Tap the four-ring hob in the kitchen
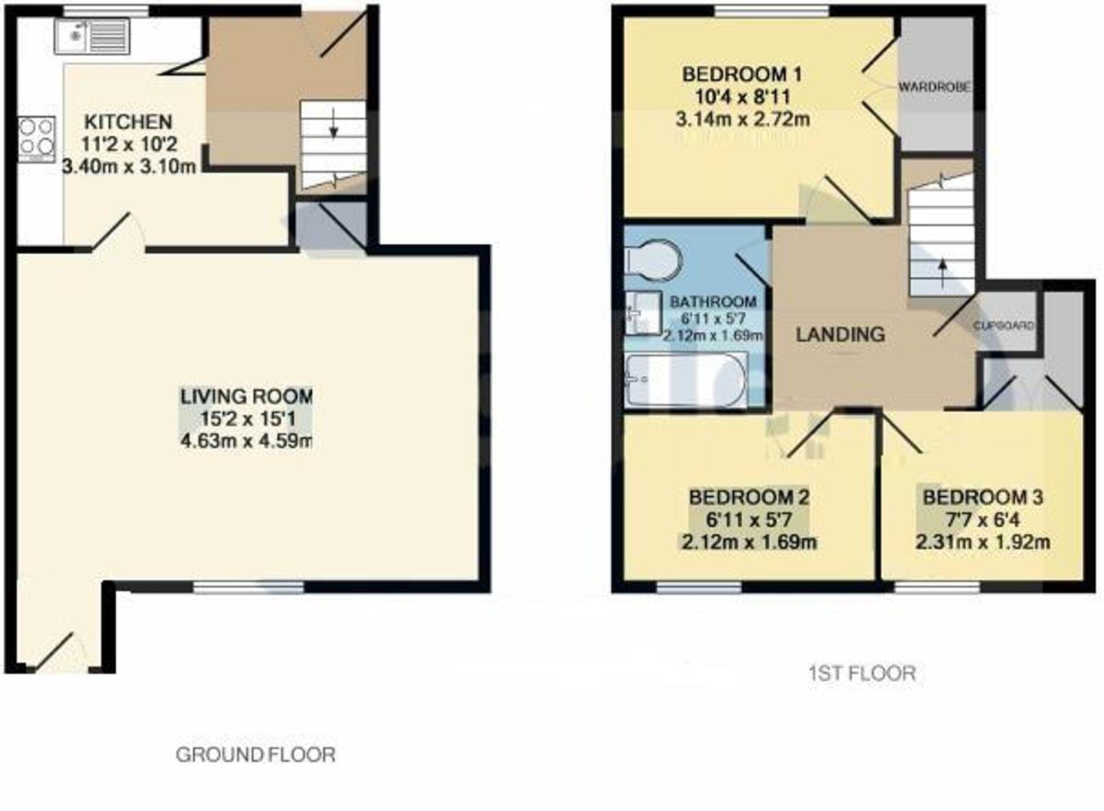tap(36, 139)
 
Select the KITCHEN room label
tap(129, 122)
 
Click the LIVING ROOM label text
tap(246, 396)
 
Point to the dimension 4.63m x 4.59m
tap(246, 440)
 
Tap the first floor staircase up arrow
tap(943, 273)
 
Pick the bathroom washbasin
tap(642, 313)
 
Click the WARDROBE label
tap(934, 88)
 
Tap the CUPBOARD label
tap(1004, 325)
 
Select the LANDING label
tap(840, 334)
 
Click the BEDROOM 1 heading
tap(742, 75)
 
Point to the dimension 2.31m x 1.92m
tap(982, 541)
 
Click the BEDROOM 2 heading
tap(749, 497)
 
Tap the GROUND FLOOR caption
tap(255, 755)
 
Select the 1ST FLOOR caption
tap(862, 673)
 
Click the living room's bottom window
tap(248, 586)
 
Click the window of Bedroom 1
tap(772, 11)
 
